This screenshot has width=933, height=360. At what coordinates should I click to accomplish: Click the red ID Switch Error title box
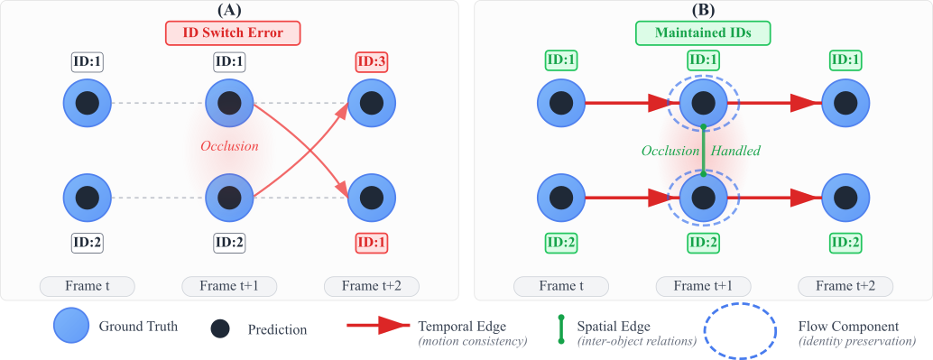pos(232,33)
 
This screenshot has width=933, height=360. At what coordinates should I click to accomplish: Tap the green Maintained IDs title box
pos(705,33)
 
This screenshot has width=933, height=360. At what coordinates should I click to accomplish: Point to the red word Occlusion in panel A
pos(229,146)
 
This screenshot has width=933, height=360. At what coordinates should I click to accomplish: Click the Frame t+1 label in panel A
pos(229,286)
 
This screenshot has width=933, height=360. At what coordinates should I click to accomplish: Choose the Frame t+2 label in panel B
pos(845,286)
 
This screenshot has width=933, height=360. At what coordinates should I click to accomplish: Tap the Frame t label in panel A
pos(88,286)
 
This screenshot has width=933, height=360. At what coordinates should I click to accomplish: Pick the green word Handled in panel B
pos(734,151)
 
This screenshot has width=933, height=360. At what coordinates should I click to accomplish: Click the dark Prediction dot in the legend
pos(219,329)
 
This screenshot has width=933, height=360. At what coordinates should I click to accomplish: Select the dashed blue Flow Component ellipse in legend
pos(739,332)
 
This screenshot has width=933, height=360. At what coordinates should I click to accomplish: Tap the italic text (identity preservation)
pos(857,341)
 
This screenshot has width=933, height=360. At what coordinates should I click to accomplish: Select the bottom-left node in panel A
pos(88,197)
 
